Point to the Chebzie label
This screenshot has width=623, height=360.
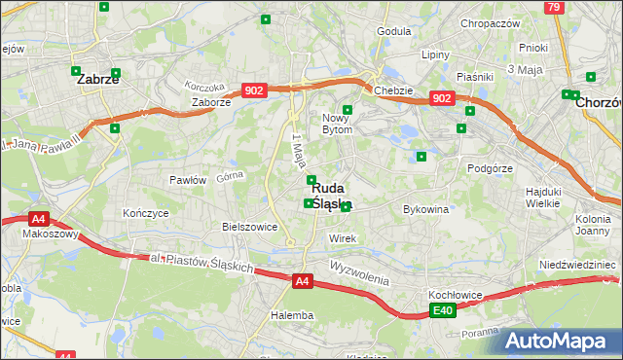pos(393,90)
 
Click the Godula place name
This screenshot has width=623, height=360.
pos(394,31)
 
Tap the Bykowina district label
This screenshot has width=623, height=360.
pos(425,209)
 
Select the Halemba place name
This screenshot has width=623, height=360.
pos(292,315)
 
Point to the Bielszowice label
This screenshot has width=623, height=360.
pos(250,227)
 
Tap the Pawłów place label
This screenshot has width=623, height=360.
pos(187,180)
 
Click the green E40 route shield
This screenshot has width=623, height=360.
pos(443,310)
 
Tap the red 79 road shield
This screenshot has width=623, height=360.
pos(554,7)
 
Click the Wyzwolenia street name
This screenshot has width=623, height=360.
pos(359,271)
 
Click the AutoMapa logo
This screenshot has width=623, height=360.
pos(558,341)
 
